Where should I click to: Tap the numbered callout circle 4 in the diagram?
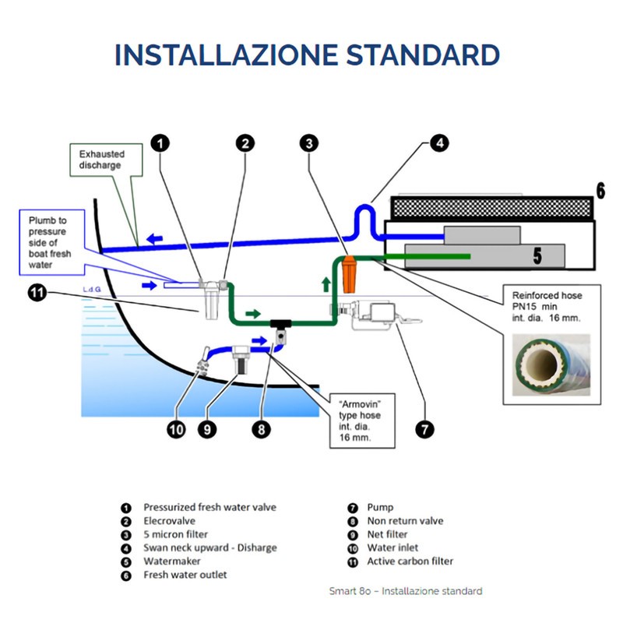click(x=439, y=143)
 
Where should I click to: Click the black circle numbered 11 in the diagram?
click(x=37, y=294)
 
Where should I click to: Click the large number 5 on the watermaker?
click(x=537, y=254)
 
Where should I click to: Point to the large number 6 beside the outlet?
click(x=600, y=190)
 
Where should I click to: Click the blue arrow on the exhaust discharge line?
click(x=156, y=240)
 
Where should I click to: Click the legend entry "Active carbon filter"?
click(x=410, y=561)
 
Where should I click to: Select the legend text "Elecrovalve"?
click(x=169, y=521)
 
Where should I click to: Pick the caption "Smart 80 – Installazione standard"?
click(x=405, y=591)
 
